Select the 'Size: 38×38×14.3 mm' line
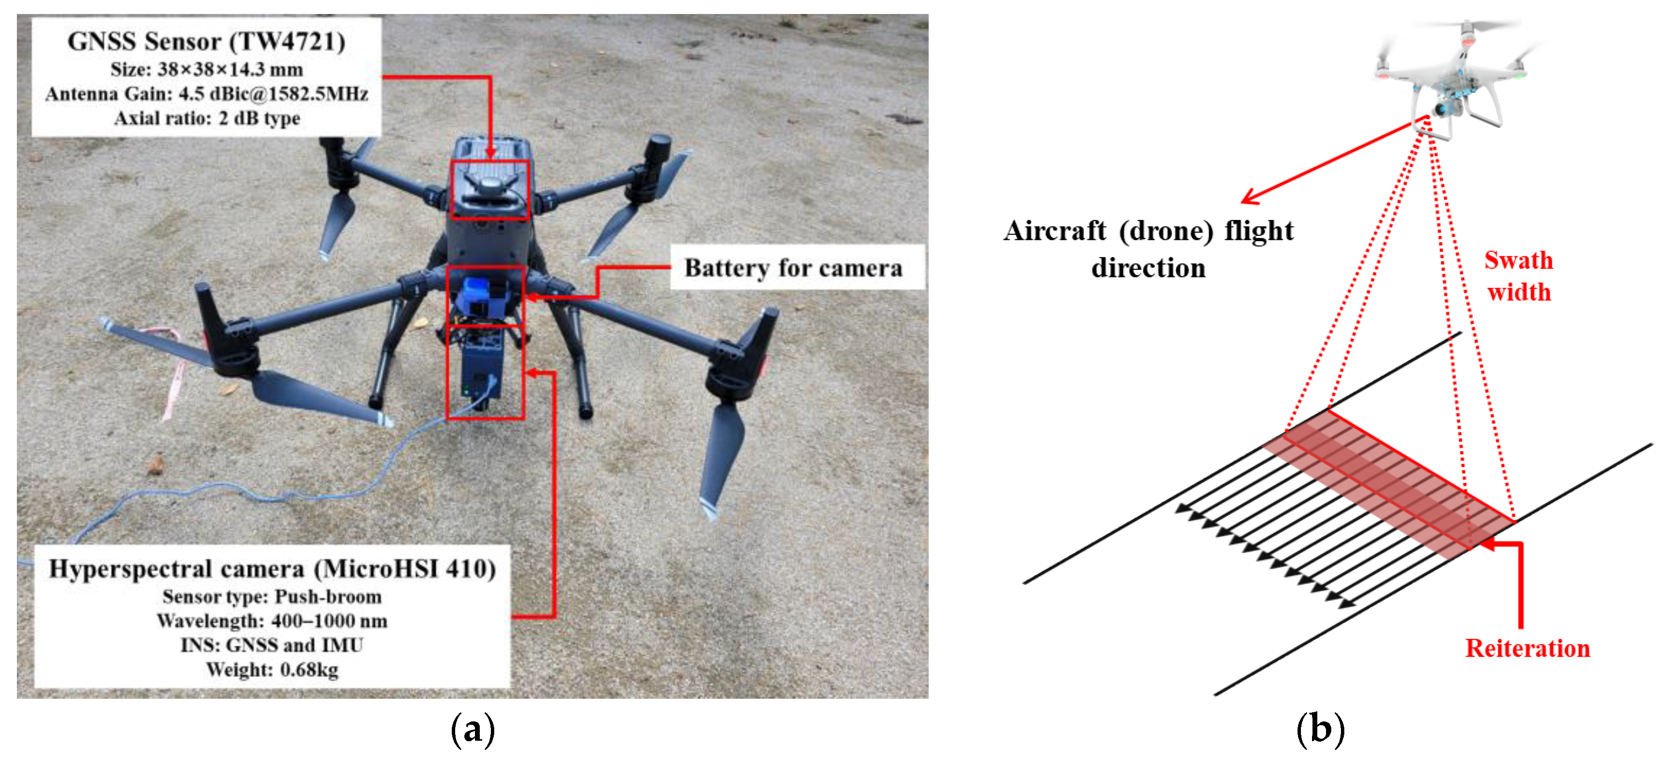pyautogui.click(x=207, y=69)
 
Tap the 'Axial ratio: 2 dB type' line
pyautogui.click(x=207, y=118)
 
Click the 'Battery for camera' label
pyautogui.click(x=793, y=267)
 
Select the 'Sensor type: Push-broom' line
pyautogui.click(x=272, y=596)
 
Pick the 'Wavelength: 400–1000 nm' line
pyautogui.click(x=272, y=621)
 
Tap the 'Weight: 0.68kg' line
pyautogui.click(x=272, y=670)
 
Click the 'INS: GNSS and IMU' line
pyautogui.click(x=272, y=645)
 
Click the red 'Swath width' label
pyautogui.click(x=1519, y=276)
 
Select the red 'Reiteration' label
pyautogui.click(x=1527, y=648)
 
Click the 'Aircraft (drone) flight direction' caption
pyautogui.click(x=1148, y=249)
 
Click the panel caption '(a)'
pyautogui.click(x=473, y=730)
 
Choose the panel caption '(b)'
pyautogui.click(x=1320, y=730)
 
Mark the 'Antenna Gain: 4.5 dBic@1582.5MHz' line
pyautogui.click(x=207, y=94)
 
